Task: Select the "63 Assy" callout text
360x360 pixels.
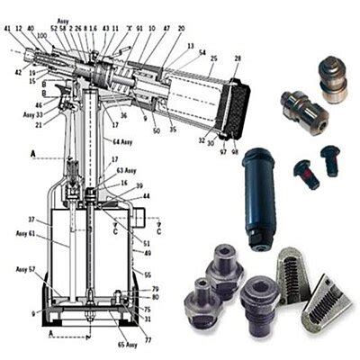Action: point(125,169)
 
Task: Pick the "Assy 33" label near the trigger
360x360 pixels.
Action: point(32,114)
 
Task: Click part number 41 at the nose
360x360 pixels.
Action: point(7,29)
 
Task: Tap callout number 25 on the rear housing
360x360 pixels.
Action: point(211,58)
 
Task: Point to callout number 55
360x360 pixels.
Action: point(148,274)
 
